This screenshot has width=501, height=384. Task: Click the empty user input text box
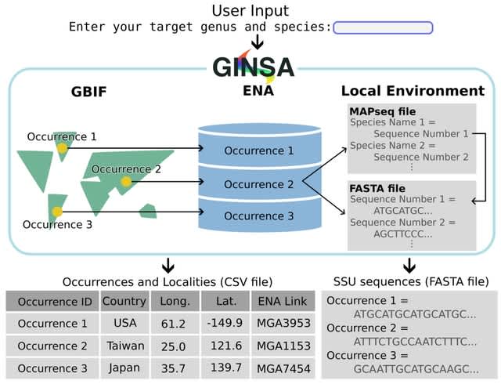pyautogui.click(x=383, y=28)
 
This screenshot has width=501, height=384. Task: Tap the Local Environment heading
pyautogui.click(x=413, y=92)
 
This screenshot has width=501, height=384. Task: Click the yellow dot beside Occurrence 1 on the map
pyautogui.click(x=63, y=147)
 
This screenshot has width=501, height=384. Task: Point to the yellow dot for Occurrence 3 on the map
pyautogui.click(x=57, y=212)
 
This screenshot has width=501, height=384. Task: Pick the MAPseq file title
pyautogui.click(x=383, y=112)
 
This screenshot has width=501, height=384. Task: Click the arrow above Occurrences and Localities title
pyautogui.click(x=168, y=265)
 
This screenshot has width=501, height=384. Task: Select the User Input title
pyautogui.click(x=250, y=10)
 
